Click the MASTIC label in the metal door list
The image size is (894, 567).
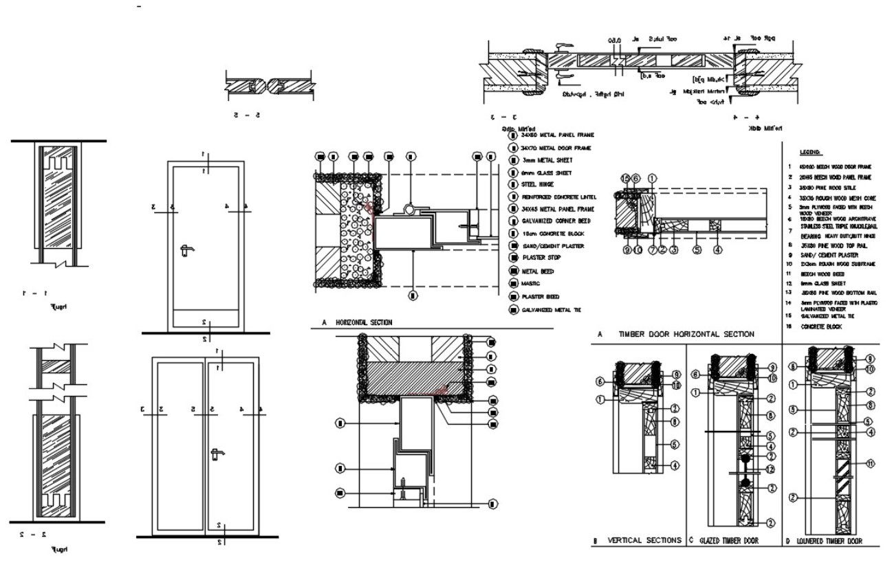pos(531,283)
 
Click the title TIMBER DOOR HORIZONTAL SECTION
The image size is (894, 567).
pos(686,334)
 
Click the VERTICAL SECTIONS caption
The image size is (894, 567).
pos(644,540)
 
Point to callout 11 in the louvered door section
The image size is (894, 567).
pos(870,464)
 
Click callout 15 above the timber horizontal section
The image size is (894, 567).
pos(625,179)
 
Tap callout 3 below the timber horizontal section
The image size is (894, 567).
pos(675,250)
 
